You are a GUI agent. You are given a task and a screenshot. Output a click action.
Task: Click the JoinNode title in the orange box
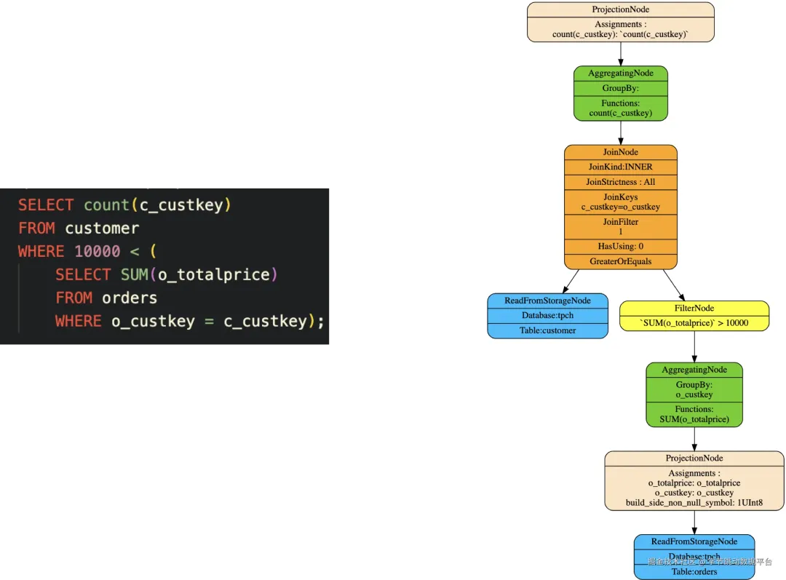[620, 152]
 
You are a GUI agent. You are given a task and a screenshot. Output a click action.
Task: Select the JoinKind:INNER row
[620, 167]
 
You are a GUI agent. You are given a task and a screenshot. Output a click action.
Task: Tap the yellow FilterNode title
[694, 308]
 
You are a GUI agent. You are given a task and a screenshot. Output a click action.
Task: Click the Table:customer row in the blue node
[548, 330]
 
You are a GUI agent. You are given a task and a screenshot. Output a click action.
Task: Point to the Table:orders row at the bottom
[694, 571]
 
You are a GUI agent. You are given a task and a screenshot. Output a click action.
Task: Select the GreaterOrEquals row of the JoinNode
[620, 261]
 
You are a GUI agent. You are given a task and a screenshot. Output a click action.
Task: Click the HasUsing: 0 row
[620, 247]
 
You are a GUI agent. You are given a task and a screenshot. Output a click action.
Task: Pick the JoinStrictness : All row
[620, 182]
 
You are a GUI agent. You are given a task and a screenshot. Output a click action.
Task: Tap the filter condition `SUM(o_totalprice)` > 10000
[694, 323]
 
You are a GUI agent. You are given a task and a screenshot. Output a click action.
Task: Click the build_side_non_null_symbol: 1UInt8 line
[694, 503]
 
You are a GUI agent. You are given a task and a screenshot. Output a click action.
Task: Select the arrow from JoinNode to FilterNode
[674, 285]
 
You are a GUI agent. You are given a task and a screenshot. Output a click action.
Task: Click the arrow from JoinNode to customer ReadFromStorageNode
[571, 282]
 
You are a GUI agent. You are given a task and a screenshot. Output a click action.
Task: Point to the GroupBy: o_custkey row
[694, 390]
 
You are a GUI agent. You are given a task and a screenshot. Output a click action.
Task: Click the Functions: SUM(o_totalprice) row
[694, 414]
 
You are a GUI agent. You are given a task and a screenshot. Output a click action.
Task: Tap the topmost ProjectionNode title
[620, 9]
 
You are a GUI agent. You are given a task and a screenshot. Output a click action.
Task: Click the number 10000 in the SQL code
[98, 251]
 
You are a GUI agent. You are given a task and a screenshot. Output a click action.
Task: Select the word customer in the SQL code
[102, 228]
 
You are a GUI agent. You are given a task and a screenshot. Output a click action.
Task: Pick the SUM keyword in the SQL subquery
[135, 274]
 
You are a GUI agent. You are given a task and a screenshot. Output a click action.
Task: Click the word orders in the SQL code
[130, 298]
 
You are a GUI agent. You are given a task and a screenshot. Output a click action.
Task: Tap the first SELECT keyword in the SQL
[46, 204]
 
